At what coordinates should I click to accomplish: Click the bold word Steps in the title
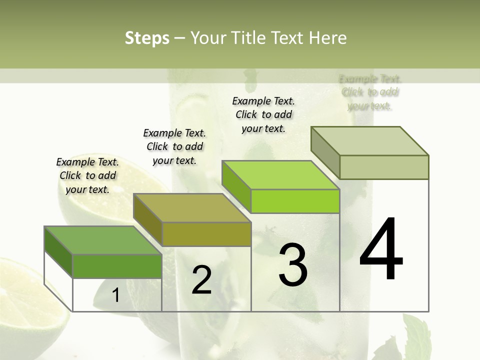pyautogui.click(x=147, y=38)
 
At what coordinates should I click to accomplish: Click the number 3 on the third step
pyautogui.click(x=293, y=264)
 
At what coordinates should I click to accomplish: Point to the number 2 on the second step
pyautogui.click(x=201, y=279)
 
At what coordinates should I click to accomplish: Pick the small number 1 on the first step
pyautogui.click(x=115, y=295)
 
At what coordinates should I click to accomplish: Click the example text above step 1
pyautogui.click(x=87, y=175)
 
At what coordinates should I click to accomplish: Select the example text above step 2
pyautogui.click(x=174, y=146)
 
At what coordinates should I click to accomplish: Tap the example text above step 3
pyautogui.click(x=263, y=114)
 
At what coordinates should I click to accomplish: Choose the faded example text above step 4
pyautogui.click(x=370, y=92)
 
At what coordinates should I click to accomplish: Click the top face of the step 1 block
pyautogui.click(x=102, y=240)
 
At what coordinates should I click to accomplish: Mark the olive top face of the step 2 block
pyautogui.click(x=192, y=208)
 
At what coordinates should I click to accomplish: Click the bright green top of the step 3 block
pyautogui.click(x=280, y=175)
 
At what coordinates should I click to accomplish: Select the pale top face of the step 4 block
pyautogui.click(x=370, y=141)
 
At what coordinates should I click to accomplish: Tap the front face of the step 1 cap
pyautogui.click(x=117, y=266)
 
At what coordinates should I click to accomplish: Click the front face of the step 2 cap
pyautogui.click(x=206, y=234)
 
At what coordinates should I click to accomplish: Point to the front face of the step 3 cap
pyautogui.click(x=295, y=201)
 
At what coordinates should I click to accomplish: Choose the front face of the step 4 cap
pyautogui.click(x=384, y=167)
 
